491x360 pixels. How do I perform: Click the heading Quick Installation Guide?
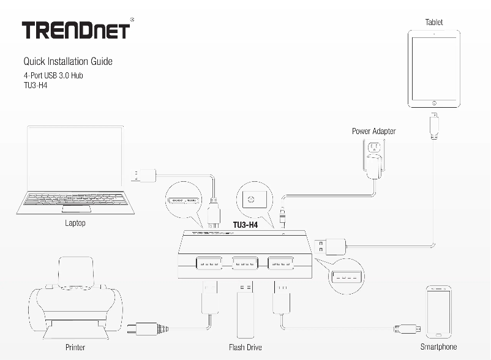[x=67, y=61]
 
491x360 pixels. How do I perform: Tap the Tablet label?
[x=434, y=22]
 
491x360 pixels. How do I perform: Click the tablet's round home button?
[x=434, y=103]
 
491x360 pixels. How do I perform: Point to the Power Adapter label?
[x=373, y=131]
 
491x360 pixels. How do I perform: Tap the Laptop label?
[x=75, y=223]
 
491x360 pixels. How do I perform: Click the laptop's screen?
[x=75, y=157]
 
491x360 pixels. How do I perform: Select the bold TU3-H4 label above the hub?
[x=245, y=225]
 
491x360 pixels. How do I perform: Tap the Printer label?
[x=75, y=347]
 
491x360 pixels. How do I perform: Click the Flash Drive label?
[x=245, y=347]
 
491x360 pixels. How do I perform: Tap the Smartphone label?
[x=438, y=347]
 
